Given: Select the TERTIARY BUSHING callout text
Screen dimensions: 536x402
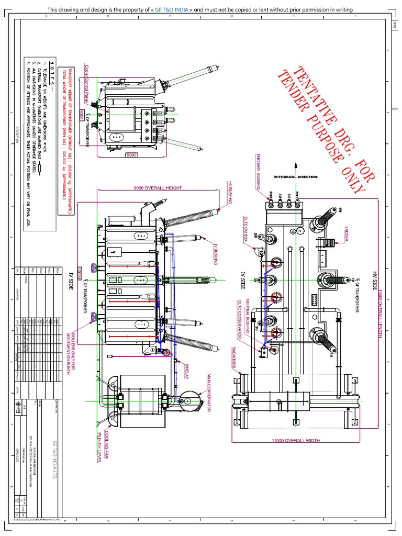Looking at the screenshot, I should pyautogui.click(x=258, y=171).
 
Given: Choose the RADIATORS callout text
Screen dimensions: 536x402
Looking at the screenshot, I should pyautogui.click(x=234, y=360).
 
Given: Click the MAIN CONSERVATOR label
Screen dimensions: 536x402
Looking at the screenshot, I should pyautogui.click(x=209, y=393).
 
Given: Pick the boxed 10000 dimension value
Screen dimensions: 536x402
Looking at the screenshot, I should pyautogui.click(x=80, y=272).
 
